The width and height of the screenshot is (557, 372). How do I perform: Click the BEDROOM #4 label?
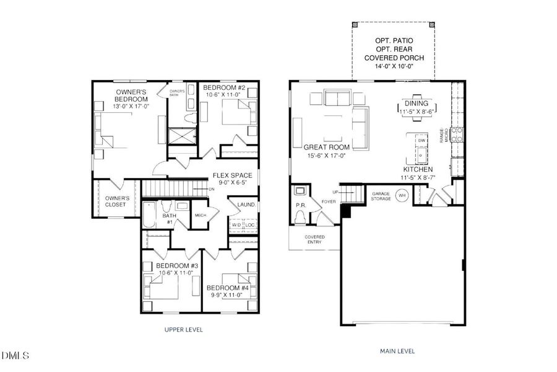tap(227, 288)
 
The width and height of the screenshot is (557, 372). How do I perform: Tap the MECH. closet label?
tap(200, 215)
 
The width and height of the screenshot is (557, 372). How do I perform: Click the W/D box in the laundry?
tap(236, 224)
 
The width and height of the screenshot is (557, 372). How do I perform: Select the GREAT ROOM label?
tap(326, 147)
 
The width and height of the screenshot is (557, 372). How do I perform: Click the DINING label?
tap(415, 104)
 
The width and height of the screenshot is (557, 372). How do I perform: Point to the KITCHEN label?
tap(418, 169)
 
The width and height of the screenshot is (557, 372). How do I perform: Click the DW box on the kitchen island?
tap(421, 141)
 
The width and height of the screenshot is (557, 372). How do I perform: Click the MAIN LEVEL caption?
tap(397, 351)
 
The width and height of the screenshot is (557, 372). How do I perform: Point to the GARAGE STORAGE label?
tap(381, 197)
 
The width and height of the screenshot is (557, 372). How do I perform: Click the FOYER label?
tap(328, 200)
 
